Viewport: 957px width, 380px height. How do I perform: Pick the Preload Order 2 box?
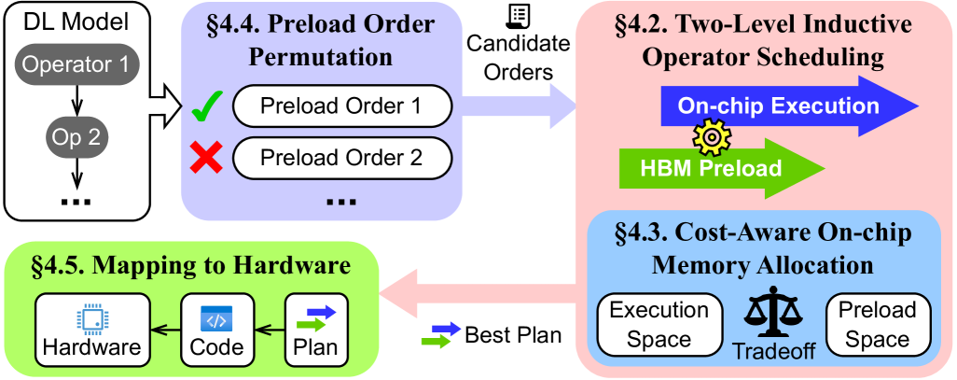[340, 158]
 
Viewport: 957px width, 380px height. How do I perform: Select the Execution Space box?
[659, 326]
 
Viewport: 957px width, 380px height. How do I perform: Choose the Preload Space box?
[877, 326]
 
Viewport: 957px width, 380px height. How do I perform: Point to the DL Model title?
[76, 21]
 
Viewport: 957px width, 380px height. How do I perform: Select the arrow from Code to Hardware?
[166, 330]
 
